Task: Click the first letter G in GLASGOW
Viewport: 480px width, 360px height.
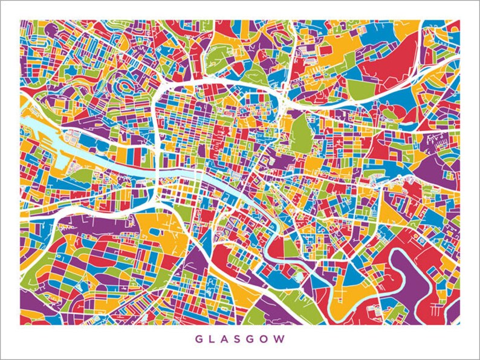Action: tap(198, 339)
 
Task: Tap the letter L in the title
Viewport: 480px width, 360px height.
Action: tap(212, 339)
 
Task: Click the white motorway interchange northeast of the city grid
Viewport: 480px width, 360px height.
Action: tap(282, 97)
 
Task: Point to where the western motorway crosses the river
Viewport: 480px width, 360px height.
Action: tap(158, 175)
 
